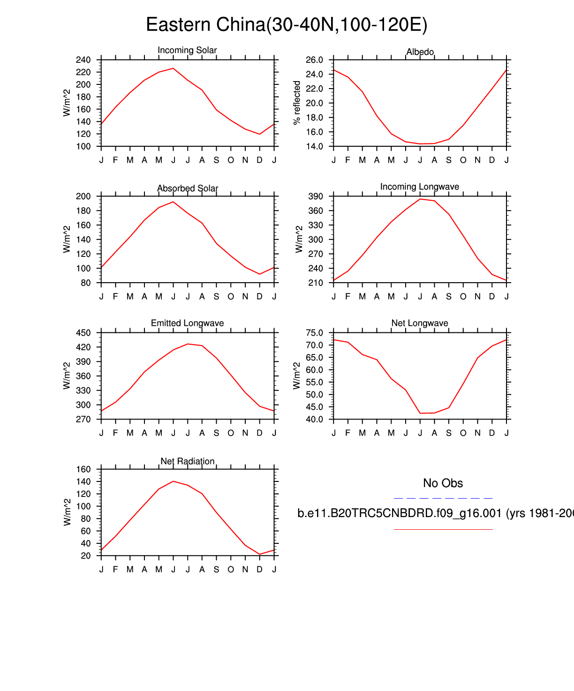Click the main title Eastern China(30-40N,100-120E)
coord(287,25)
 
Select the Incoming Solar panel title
coord(187,50)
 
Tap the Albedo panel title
coord(420,52)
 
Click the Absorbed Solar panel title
coord(188,188)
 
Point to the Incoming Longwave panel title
coord(420,187)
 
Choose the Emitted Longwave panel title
coord(187,323)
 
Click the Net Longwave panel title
coord(420,323)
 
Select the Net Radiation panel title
coord(187,461)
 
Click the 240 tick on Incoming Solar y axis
coord(83,60)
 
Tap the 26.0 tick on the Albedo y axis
coord(314,60)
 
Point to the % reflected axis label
coord(297,103)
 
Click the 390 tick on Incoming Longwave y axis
coord(316,196)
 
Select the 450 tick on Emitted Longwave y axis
coord(83,333)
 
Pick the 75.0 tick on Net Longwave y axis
coord(314,333)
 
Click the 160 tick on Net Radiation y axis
coord(83,469)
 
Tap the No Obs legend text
coord(443,483)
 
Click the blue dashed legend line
coord(443,498)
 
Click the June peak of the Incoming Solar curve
coord(173,68)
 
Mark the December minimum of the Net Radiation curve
coord(260,554)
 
